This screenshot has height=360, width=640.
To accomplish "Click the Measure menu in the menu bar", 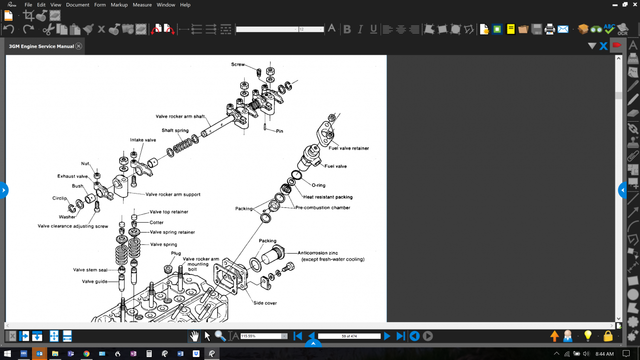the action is click(142, 5).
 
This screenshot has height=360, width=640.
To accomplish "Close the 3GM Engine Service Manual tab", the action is click(79, 46).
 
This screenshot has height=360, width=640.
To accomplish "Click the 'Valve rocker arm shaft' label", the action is click(180, 116).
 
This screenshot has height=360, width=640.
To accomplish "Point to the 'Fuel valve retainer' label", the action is click(349, 148).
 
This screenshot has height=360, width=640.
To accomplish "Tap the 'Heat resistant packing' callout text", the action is click(328, 197).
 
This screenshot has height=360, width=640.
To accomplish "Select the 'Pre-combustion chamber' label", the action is click(322, 207).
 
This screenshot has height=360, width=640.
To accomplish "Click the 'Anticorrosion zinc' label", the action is click(318, 253).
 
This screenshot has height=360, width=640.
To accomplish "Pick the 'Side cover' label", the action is click(265, 303).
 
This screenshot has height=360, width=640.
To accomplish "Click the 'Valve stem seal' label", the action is click(90, 270).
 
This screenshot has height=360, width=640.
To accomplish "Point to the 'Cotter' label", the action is click(157, 222).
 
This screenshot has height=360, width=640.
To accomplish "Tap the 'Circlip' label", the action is click(60, 198).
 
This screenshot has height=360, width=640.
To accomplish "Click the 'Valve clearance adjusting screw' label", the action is click(73, 226).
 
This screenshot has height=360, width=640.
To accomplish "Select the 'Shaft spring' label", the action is click(175, 131).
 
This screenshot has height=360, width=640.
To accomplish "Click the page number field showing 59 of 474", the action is click(349, 336).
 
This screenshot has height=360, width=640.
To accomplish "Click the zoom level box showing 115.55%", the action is click(261, 336).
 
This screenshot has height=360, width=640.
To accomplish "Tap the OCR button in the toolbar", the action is click(623, 30).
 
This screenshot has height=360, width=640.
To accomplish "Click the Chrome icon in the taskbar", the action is click(86, 354).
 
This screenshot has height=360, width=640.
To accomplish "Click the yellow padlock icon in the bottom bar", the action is click(608, 336).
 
